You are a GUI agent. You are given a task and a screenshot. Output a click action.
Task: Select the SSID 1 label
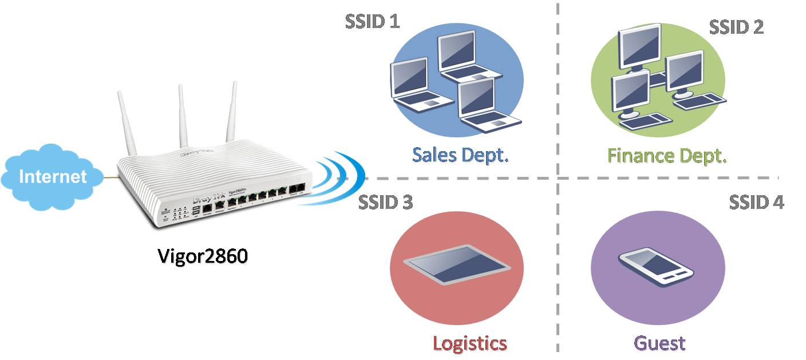pyautogui.click(x=372, y=21)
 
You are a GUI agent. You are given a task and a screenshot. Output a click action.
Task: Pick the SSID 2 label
pyautogui.click(x=736, y=27)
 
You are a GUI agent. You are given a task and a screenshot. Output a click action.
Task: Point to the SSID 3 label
pyautogui.click(x=385, y=202)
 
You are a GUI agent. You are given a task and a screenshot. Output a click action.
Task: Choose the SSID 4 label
pyautogui.click(x=756, y=202)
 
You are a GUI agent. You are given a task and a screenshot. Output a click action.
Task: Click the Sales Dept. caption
pyautogui.click(x=460, y=155)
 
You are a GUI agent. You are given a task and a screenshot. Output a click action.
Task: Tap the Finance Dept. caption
pyautogui.click(x=667, y=155)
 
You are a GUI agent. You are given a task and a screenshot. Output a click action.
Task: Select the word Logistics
pyautogui.click(x=469, y=343)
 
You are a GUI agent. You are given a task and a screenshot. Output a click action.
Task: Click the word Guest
pyautogui.click(x=659, y=343)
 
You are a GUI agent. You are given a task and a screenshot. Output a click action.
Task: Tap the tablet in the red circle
pyautogui.click(x=456, y=264)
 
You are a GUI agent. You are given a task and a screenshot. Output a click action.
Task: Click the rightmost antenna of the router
pyautogui.click(x=232, y=112)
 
